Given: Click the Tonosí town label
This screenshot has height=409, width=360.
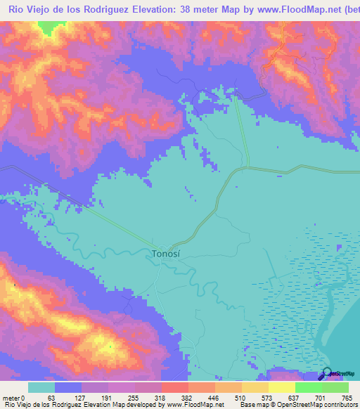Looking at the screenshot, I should tap(169, 254).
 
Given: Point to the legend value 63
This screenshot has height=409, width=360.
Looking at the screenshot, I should tap(51, 397).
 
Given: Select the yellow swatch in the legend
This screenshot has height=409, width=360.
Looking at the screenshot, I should tap(281, 387).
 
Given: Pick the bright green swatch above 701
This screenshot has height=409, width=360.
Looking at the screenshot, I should tap(309, 387).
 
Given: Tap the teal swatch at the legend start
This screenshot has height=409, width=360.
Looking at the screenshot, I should tap(41, 387).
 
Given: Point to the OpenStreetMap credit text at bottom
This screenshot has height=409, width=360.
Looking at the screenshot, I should tap(309, 405).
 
